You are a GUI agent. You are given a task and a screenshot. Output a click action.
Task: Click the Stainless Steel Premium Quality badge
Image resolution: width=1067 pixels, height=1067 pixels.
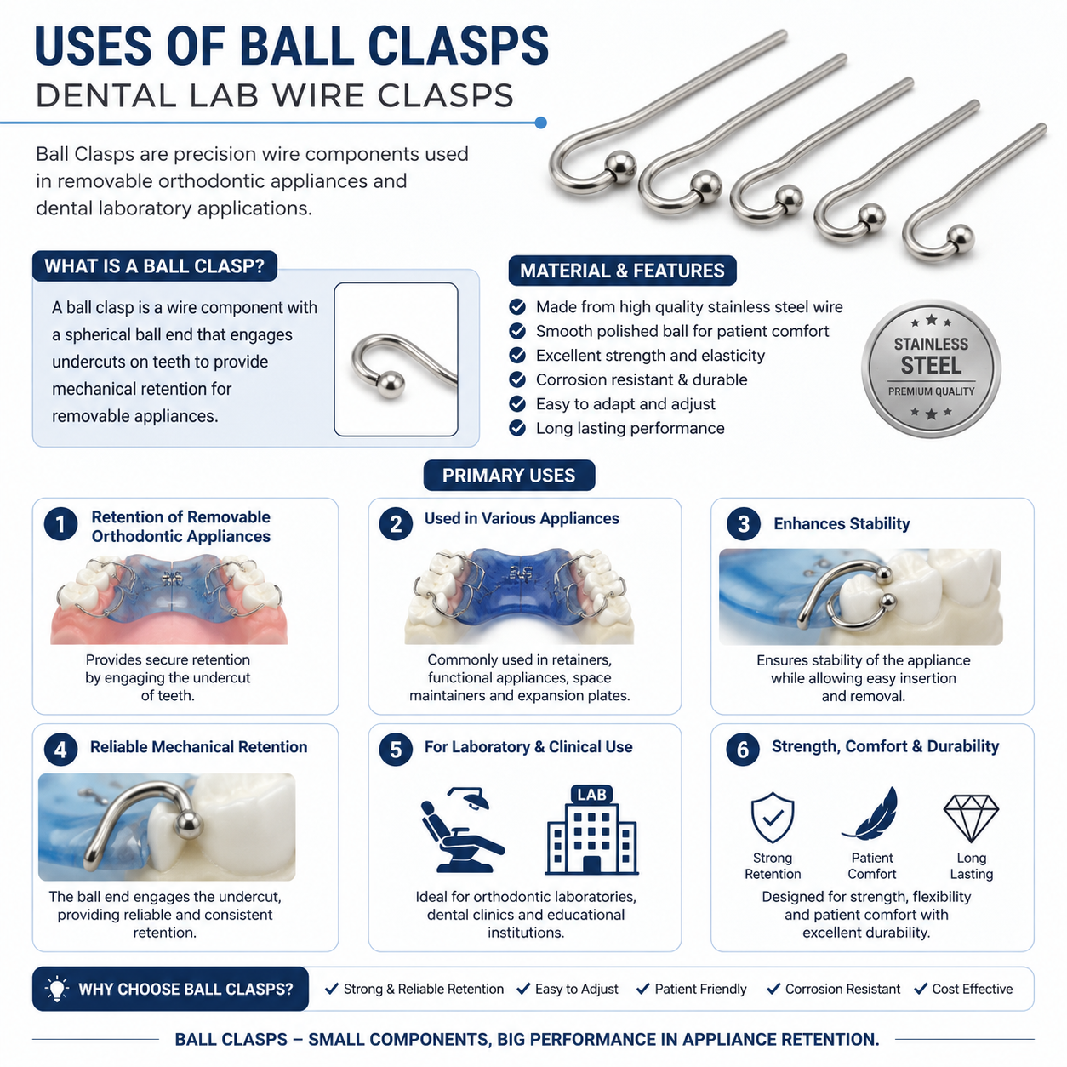[x=930, y=368]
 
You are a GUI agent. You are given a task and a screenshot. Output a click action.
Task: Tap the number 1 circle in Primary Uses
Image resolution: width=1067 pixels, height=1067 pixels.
[x=60, y=524]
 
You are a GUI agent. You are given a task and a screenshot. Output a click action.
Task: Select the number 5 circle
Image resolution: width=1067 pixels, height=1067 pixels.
[x=396, y=749]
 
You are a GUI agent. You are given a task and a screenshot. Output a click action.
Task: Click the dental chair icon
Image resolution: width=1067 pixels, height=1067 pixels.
[x=462, y=829]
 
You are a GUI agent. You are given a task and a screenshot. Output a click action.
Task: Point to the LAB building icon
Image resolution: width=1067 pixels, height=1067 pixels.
[x=591, y=830]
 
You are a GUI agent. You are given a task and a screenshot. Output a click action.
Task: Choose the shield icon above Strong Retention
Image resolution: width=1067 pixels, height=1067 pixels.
[x=772, y=818]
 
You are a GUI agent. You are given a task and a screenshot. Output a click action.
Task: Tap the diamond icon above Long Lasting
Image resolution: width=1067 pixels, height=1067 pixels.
[x=971, y=819]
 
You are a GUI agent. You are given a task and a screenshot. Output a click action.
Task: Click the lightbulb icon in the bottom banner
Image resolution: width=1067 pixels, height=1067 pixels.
[x=56, y=989]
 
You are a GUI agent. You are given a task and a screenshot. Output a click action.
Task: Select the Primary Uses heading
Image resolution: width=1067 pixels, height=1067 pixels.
[x=509, y=475]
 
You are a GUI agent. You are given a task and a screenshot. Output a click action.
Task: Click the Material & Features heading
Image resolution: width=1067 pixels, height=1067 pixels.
[x=622, y=271]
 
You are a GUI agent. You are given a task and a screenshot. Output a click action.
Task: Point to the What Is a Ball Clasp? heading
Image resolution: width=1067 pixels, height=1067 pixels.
[x=155, y=265]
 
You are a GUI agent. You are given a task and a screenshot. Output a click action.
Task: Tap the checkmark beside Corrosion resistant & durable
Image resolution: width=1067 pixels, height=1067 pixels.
[x=517, y=379]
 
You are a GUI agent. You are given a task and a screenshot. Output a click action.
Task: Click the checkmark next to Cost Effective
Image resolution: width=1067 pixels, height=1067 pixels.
[x=921, y=989]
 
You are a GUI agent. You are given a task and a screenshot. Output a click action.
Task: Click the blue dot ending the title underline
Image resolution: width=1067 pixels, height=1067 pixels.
[x=541, y=123]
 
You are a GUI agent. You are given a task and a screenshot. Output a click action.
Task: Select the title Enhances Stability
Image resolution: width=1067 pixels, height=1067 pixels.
[x=841, y=523]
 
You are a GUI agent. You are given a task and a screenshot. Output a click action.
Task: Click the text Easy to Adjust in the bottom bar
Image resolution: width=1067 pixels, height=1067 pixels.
[x=576, y=989]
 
